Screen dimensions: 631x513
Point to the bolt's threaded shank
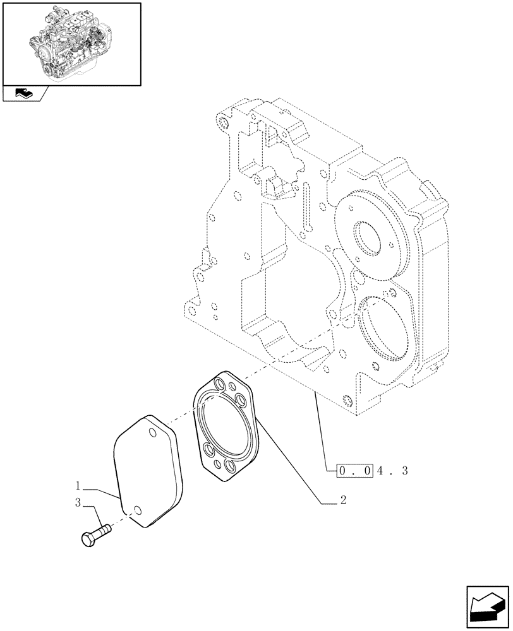pos(104,528)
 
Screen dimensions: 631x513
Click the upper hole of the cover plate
pos(152,433)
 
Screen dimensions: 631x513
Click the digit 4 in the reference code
pos(380,471)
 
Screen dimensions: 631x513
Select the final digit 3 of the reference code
pos(404,471)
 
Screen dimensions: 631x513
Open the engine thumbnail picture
pos(71,43)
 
